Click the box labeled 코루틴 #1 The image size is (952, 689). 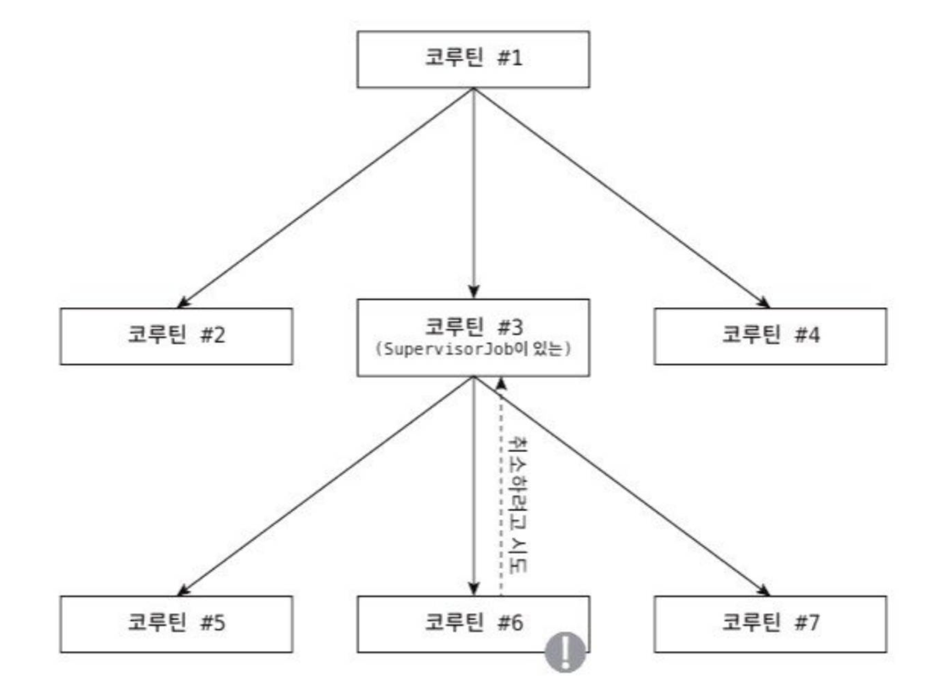point(473,59)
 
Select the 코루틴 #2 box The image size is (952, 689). point(176,336)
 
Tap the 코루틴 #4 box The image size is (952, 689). point(770,336)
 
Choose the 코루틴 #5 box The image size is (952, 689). point(176,623)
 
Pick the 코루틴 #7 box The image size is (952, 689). point(770,623)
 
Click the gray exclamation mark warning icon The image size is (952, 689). point(565,652)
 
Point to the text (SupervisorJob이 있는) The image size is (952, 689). point(473,350)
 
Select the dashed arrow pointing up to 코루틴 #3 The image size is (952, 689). point(501,490)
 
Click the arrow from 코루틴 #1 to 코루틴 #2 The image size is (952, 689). point(326,198)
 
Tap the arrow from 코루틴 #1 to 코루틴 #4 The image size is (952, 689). point(621,198)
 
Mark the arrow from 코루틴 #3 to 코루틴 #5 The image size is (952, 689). point(326,486)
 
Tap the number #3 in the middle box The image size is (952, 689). point(509,327)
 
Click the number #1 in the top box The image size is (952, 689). point(509,58)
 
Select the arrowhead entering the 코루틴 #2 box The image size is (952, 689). point(183,303)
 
